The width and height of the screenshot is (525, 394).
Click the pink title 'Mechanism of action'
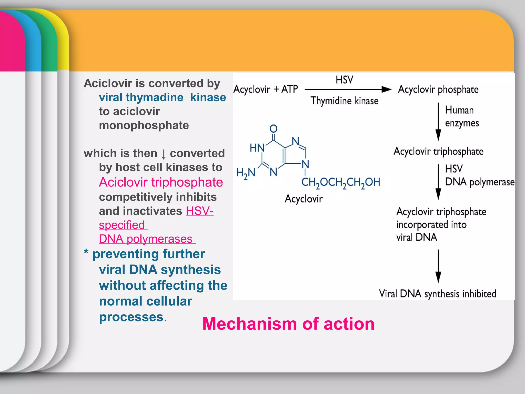pyautogui.click(x=288, y=324)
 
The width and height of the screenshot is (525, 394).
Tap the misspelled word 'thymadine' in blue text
pyautogui.click(x=141, y=97)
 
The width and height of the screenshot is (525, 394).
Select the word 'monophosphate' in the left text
pyautogui.click(x=144, y=125)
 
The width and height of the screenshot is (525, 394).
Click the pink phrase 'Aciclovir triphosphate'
pyautogui.click(x=161, y=182)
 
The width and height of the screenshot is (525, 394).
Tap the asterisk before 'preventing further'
pyautogui.click(x=86, y=252)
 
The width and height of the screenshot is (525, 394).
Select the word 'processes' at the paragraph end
pyautogui.click(x=131, y=317)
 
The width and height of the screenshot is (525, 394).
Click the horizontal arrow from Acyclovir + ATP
pyautogui.click(x=347, y=90)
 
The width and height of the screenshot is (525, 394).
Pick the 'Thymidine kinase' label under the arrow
pyautogui.click(x=345, y=101)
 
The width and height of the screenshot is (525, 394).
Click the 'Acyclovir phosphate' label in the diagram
pyautogui.click(x=438, y=90)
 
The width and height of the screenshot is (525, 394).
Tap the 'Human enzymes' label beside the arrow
pyautogui.click(x=461, y=116)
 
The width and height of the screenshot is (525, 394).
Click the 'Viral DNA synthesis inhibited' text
pyautogui.click(x=438, y=294)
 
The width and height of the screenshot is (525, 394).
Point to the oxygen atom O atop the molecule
pyautogui.click(x=274, y=129)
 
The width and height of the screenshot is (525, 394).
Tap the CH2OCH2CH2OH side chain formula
pyautogui.click(x=341, y=182)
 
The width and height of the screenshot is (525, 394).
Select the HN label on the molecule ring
pyautogui.click(x=257, y=148)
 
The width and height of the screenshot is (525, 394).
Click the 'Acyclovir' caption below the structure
pyautogui.click(x=304, y=199)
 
